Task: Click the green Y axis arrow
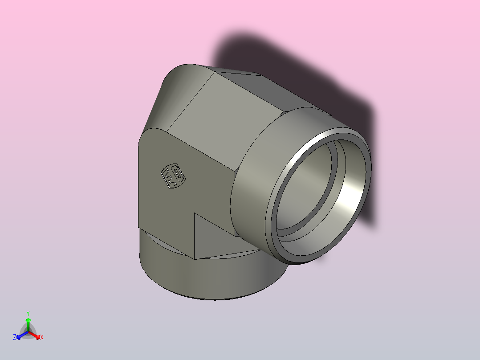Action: click(x=28, y=323)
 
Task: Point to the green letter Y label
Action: click(x=28, y=313)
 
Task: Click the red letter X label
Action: click(x=42, y=338)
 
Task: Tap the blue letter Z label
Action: click(x=15, y=337)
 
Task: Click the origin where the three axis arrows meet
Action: click(x=28, y=332)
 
